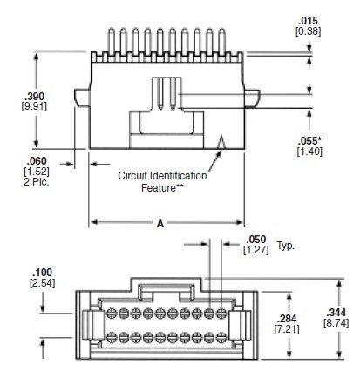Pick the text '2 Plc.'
coord(64,182)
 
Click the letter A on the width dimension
coord(160,224)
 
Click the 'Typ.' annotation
coord(285,245)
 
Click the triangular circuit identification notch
coord(223,141)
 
